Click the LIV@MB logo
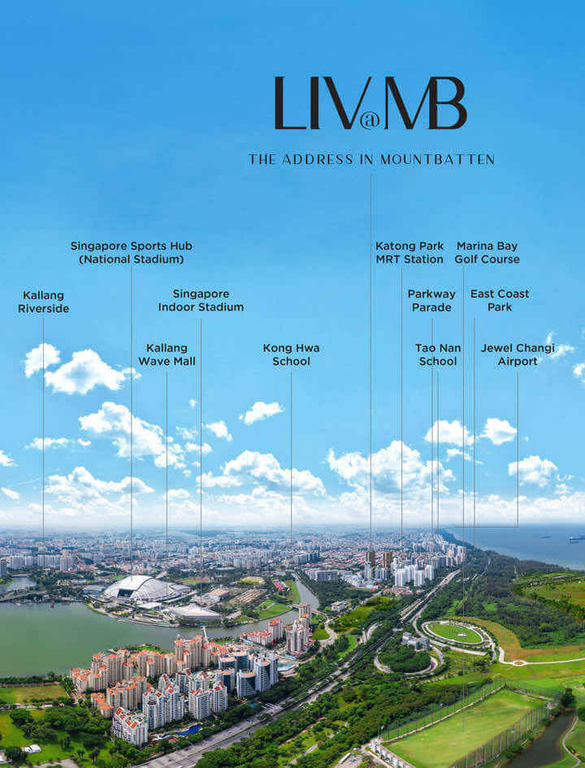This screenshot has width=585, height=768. point(370,103)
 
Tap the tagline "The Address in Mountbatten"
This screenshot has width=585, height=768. point(371,160)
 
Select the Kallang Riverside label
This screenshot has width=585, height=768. point(44,302)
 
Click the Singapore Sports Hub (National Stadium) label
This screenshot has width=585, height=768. point(132,252)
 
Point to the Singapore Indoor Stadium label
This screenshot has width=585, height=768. point(201,300)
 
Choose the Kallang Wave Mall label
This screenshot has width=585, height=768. point(167,355)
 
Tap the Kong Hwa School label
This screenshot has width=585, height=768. point(291,355)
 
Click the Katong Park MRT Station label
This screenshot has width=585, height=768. point(409,252)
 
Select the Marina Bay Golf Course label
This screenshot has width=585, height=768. point(487,252)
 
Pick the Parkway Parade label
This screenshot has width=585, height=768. point(431,300)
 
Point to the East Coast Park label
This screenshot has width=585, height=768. point(500,300)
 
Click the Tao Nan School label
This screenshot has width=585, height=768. point(438,355)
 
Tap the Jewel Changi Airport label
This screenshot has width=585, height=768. point(518,355)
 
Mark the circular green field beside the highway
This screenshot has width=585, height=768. point(454,632)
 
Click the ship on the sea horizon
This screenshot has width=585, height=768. point(577,538)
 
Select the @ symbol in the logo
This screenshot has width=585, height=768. point(366,121)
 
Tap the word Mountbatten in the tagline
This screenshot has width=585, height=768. point(437,160)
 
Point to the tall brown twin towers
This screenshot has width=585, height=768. point(379,559)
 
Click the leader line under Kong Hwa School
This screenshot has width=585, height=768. point(291,456)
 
